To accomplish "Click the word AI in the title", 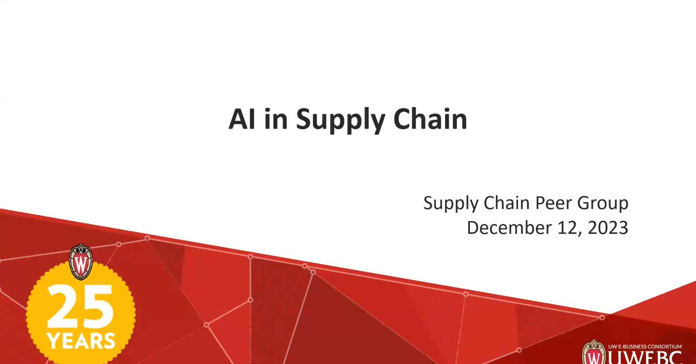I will tap(242, 120).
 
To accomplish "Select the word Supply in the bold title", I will tap(340, 120).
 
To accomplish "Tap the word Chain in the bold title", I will tap(430, 120).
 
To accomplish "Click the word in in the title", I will tap(276, 120).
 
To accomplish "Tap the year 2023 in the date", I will tap(608, 228).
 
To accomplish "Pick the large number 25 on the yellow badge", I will tap(80, 306).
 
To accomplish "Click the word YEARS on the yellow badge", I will tap(81, 341).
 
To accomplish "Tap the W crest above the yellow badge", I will tap(81, 262).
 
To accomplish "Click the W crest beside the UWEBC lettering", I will tap(594, 353).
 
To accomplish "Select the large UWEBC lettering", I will tap(645, 358).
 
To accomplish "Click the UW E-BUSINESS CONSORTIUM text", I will tap(645, 346).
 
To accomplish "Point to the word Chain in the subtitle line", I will tap(507, 203).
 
